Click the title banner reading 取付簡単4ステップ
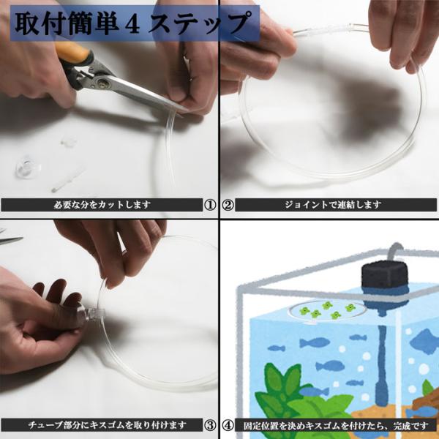click(x=135, y=23)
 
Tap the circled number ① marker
click(x=210, y=205)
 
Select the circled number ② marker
click(x=228, y=205)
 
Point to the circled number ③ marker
click(x=210, y=425)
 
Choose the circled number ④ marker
click(x=228, y=425)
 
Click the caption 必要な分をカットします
click(x=102, y=205)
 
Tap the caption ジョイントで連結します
click(x=333, y=205)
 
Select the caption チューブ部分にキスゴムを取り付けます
click(x=108, y=425)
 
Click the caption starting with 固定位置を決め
click(x=336, y=426)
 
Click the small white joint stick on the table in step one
click(x=68, y=179)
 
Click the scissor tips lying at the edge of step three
click(x=11, y=237)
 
